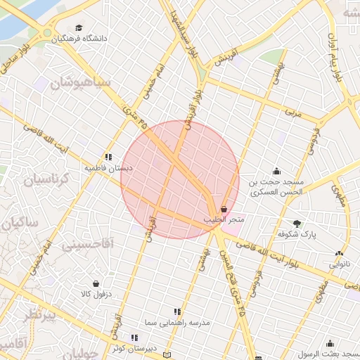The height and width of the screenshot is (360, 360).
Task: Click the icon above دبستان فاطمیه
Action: click(x=108, y=157)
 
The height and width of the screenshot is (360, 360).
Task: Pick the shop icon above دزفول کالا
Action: click(x=96, y=283)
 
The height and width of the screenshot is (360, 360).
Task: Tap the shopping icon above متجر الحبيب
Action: click(x=224, y=210)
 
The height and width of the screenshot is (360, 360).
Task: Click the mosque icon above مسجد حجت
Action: click(x=276, y=170)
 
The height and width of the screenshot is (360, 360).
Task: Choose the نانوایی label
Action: click(x=338, y=264)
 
